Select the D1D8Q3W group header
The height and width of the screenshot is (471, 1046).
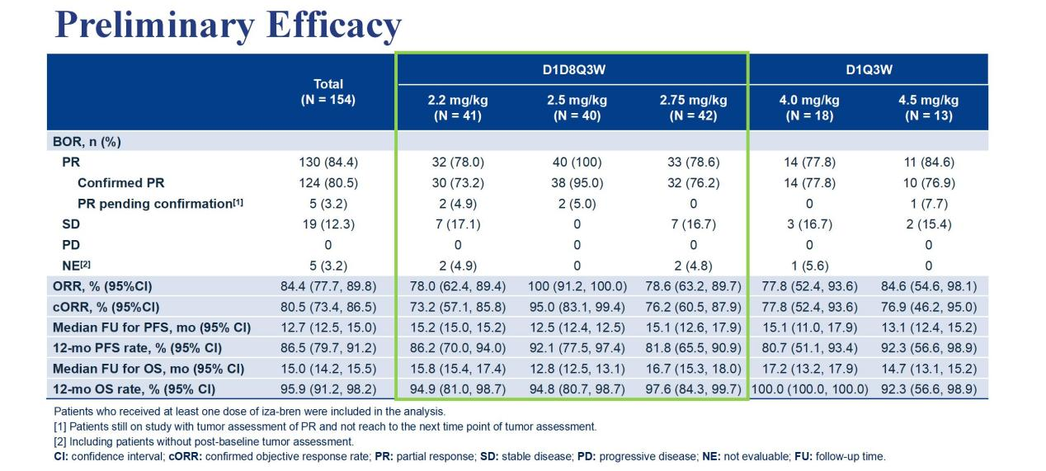click(572, 69)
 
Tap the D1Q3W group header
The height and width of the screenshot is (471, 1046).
click(869, 69)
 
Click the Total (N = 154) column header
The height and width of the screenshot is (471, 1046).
click(328, 92)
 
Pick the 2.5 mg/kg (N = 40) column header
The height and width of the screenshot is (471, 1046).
click(577, 108)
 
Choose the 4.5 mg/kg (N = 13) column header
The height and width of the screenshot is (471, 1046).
click(928, 108)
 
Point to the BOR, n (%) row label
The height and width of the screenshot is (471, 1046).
click(87, 141)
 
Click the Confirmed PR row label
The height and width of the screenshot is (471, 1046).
click(126, 182)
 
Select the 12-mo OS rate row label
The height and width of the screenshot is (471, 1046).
click(134, 389)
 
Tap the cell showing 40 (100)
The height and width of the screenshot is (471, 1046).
click(577, 162)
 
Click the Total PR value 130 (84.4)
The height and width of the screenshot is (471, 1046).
click(328, 162)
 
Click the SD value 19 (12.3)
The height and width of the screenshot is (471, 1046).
click(328, 224)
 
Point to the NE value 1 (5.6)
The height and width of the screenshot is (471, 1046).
click(809, 265)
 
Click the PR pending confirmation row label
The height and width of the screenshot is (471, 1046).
click(160, 204)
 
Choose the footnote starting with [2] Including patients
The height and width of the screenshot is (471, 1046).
click(204, 441)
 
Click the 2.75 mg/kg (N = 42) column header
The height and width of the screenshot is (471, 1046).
click(693, 108)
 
